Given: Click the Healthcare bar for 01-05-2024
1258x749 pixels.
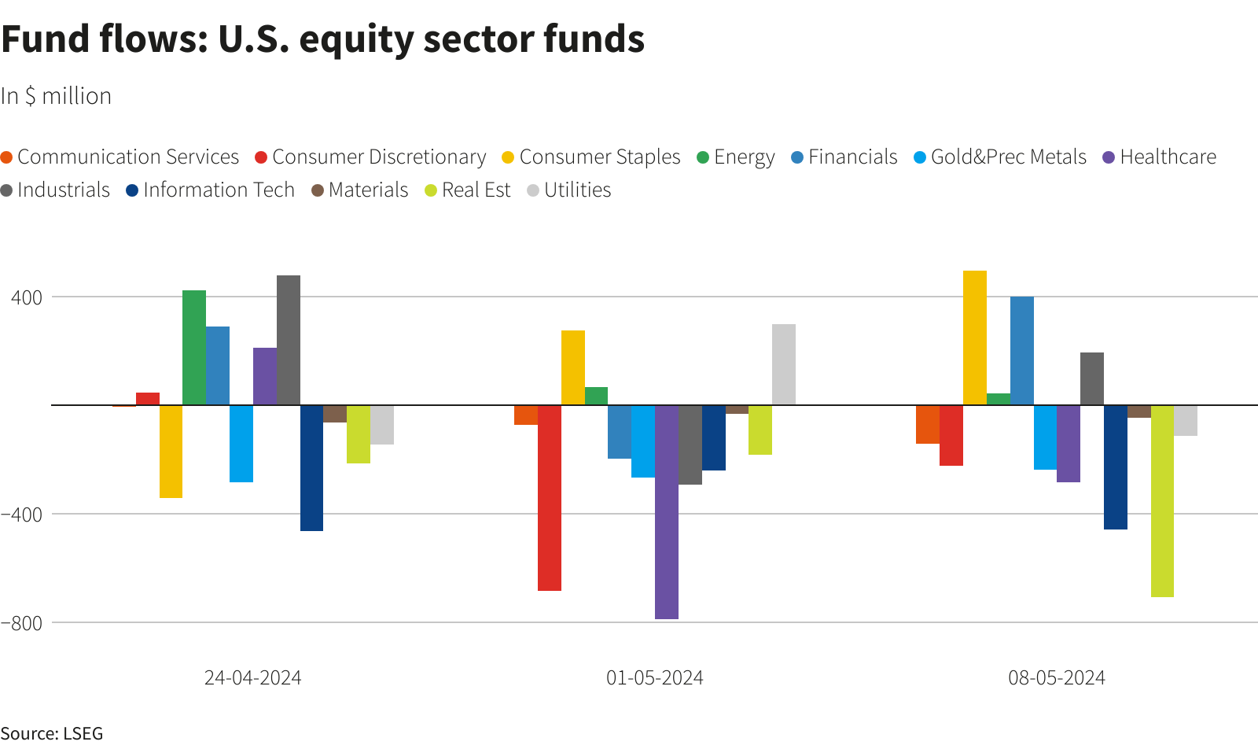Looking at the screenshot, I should point(667,511).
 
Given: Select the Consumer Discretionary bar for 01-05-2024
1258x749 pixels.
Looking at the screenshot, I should point(550,497).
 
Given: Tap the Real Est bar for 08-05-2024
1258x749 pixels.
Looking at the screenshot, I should point(1162,500).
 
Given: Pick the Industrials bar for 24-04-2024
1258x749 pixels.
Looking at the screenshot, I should point(289,340).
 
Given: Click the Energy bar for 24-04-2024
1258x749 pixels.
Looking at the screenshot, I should point(194,347).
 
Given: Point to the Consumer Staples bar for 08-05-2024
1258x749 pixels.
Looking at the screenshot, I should point(975,338).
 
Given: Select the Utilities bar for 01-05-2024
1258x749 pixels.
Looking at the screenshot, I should point(784,364).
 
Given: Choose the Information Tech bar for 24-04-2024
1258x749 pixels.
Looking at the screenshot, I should point(311,467).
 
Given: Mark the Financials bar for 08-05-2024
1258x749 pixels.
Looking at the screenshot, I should point(1022,350).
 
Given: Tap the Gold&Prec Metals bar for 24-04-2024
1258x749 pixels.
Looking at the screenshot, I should point(241,443).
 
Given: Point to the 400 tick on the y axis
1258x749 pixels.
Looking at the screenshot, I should point(27,297).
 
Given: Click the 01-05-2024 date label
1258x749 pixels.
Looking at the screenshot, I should point(654,678).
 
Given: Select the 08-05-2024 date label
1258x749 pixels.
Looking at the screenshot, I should point(1057,678).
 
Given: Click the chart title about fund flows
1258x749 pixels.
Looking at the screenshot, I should point(322,39).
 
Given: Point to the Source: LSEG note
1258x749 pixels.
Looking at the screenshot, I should point(52,733).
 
